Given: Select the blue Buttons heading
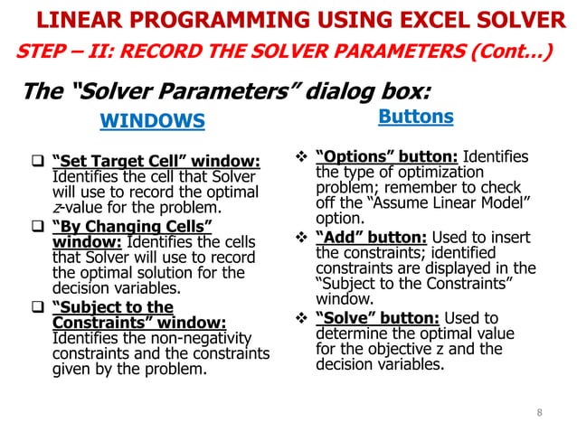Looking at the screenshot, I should [x=415, y=117].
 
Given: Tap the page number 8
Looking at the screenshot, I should [x=540, y=414].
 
